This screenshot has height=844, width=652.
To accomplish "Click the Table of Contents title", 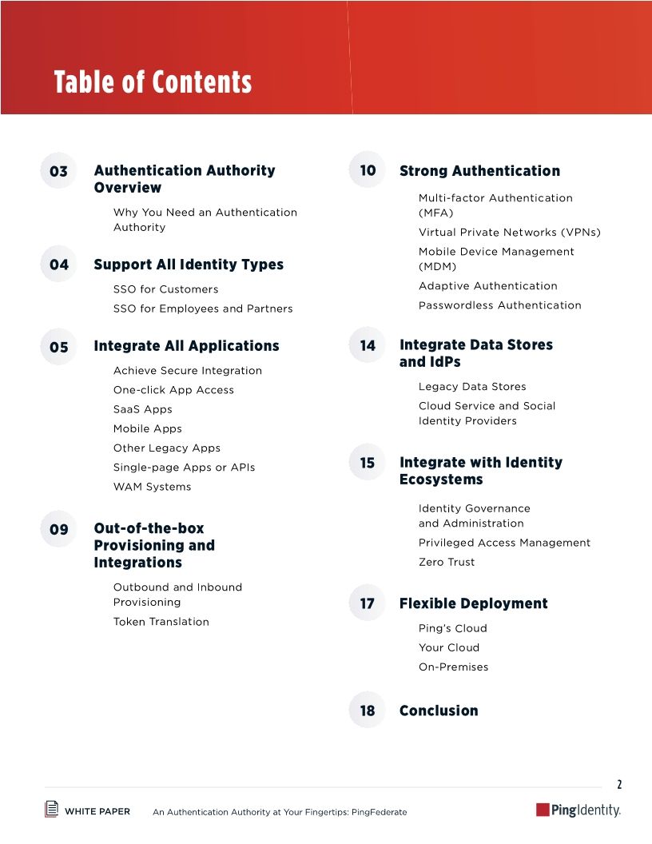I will [x=153, y=82].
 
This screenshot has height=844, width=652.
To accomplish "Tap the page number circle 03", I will [x=58, y=171].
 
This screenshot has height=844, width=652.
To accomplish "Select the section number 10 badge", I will [x=368, y=170].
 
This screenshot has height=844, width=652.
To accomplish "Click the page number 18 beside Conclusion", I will [x=367, y=711].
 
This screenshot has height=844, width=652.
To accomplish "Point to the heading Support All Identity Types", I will [x=189, y=265].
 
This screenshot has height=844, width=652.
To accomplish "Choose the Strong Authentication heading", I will [x=479, y=171].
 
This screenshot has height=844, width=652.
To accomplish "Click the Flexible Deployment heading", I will [x=473, y=603].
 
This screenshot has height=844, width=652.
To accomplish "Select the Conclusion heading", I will [x=439, y=711].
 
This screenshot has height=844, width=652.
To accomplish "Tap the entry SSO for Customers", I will [x=165, y=289].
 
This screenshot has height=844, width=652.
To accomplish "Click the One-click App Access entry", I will [x=173, y=390].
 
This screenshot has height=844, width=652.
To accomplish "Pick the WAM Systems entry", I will [x=152, y=487].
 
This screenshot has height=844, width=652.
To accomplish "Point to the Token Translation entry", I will [x=161, y=622].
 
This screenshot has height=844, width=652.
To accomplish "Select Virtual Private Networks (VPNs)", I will [x=509, y=233].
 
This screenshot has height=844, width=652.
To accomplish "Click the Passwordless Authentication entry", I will [x=499, y=305].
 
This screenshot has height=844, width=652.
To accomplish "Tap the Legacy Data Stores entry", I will [x=472, y=387].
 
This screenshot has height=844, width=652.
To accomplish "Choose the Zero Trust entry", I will [x=446, y=562].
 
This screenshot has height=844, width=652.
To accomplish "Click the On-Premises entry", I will [x=453, y=667].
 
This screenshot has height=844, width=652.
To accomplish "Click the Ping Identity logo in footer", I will [x=578, y=810].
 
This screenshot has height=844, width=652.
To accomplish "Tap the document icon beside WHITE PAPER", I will [x=51, y=809].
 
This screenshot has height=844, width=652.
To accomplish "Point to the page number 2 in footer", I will [x=618, y=785].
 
